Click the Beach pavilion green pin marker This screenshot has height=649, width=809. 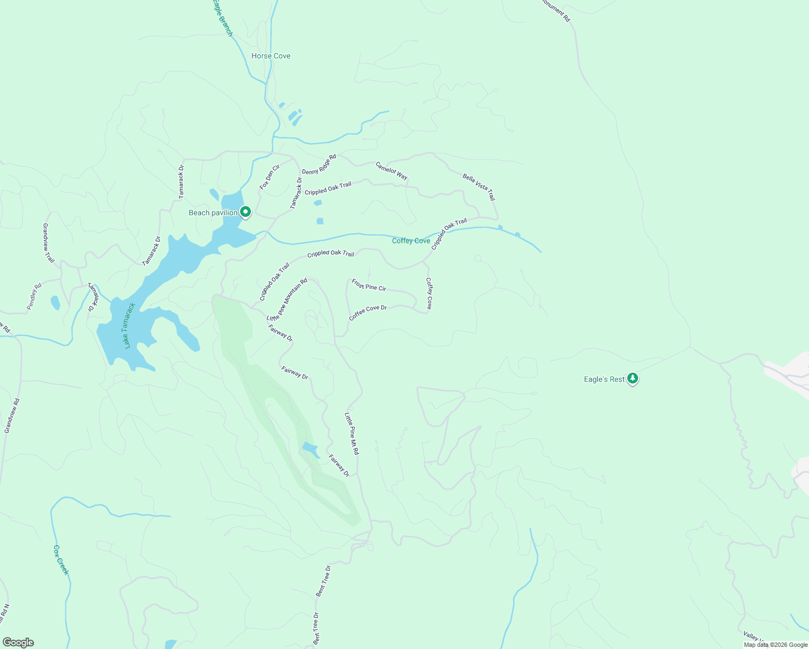(x=246, y=212)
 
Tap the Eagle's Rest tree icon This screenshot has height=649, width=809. (x=633, y=379)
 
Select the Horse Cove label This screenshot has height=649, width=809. (x=271, y=56)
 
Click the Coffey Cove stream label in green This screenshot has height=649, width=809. (x=411, y=241)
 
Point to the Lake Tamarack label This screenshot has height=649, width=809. (x=129, y=326)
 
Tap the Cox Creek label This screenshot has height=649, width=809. (x=61, y=560)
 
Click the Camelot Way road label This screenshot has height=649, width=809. (x=392, y=171)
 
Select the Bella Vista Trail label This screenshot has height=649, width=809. (x=479, y=187)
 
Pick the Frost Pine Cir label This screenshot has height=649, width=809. (x=369, y=285)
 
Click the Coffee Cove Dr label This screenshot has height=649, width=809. (x=368, y=313)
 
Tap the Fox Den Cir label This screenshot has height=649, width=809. (x=269, y=177)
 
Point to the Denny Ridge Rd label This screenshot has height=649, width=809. (x=319, y=164)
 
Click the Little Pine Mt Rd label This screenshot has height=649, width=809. (x=352, y=433)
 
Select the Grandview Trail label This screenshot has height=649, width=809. (x=49, y=243)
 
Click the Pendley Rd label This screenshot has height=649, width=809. (x=34, y=297)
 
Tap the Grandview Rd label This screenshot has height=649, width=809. (x=12, y=415)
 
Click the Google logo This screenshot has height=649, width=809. (x=18, y=643)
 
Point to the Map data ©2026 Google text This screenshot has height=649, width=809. (x=775, y=645)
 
